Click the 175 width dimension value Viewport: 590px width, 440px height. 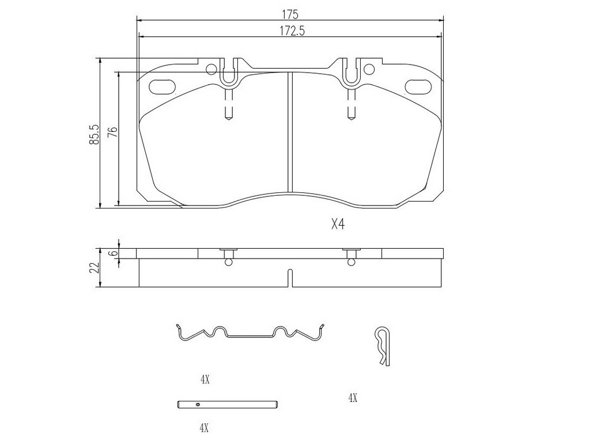coord(290,14)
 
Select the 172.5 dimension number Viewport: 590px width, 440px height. coord(292,31)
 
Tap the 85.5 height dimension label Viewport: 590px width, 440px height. coord(94,134)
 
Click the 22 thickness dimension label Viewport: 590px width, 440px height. coord(94,268)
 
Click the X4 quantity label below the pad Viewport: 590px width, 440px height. coord(338,225)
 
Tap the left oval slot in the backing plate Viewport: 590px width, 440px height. coord(162,86)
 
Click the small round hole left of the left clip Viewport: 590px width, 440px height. coord(211,69)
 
